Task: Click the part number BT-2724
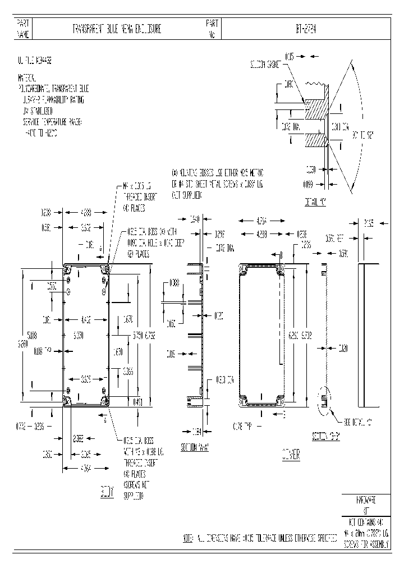[x=303, y=29]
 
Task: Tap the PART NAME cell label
[x=22, y=29]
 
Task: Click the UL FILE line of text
[x=37, y=59]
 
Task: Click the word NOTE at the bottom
[x=189, y=538]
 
